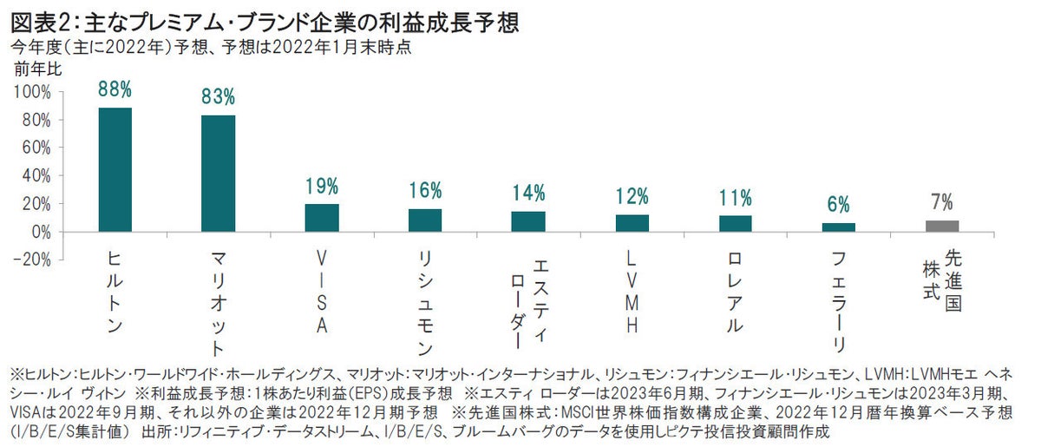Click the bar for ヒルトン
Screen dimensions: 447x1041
coord(115,170)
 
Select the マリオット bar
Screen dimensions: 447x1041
coord(218,174)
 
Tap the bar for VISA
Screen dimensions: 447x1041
coord(321,218)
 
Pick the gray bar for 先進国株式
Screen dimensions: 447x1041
coord(941,227)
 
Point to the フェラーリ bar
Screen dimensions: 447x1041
coord(838,227)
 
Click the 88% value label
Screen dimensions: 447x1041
coord(115,89)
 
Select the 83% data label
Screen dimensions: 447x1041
coord(218,97)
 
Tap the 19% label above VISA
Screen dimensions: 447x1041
coord(321,186)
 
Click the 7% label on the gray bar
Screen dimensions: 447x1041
coord(941,203)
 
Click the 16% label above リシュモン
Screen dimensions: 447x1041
coord(424,190)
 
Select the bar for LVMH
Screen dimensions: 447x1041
coord(632,223)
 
